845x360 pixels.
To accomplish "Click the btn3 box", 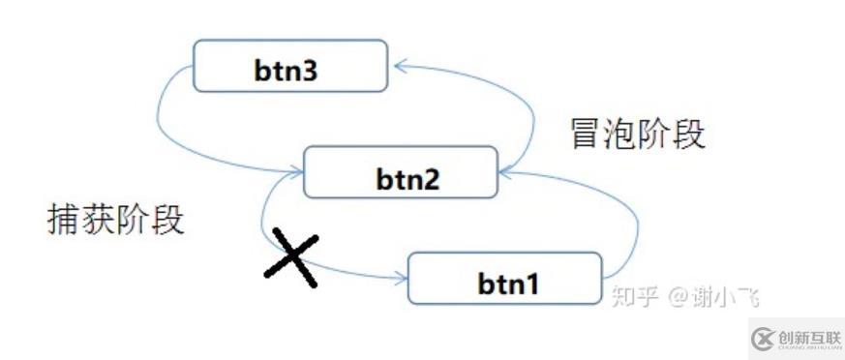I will (291, 68).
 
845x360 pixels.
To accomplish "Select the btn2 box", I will (401, 173).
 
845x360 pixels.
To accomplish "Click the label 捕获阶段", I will (115, 221).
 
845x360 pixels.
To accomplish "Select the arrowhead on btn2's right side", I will (506, 172).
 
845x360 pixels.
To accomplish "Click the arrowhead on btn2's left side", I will (296, 172).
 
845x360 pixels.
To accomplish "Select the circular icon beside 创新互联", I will (762, 338).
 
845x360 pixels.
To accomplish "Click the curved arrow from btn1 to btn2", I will (634, 223).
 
